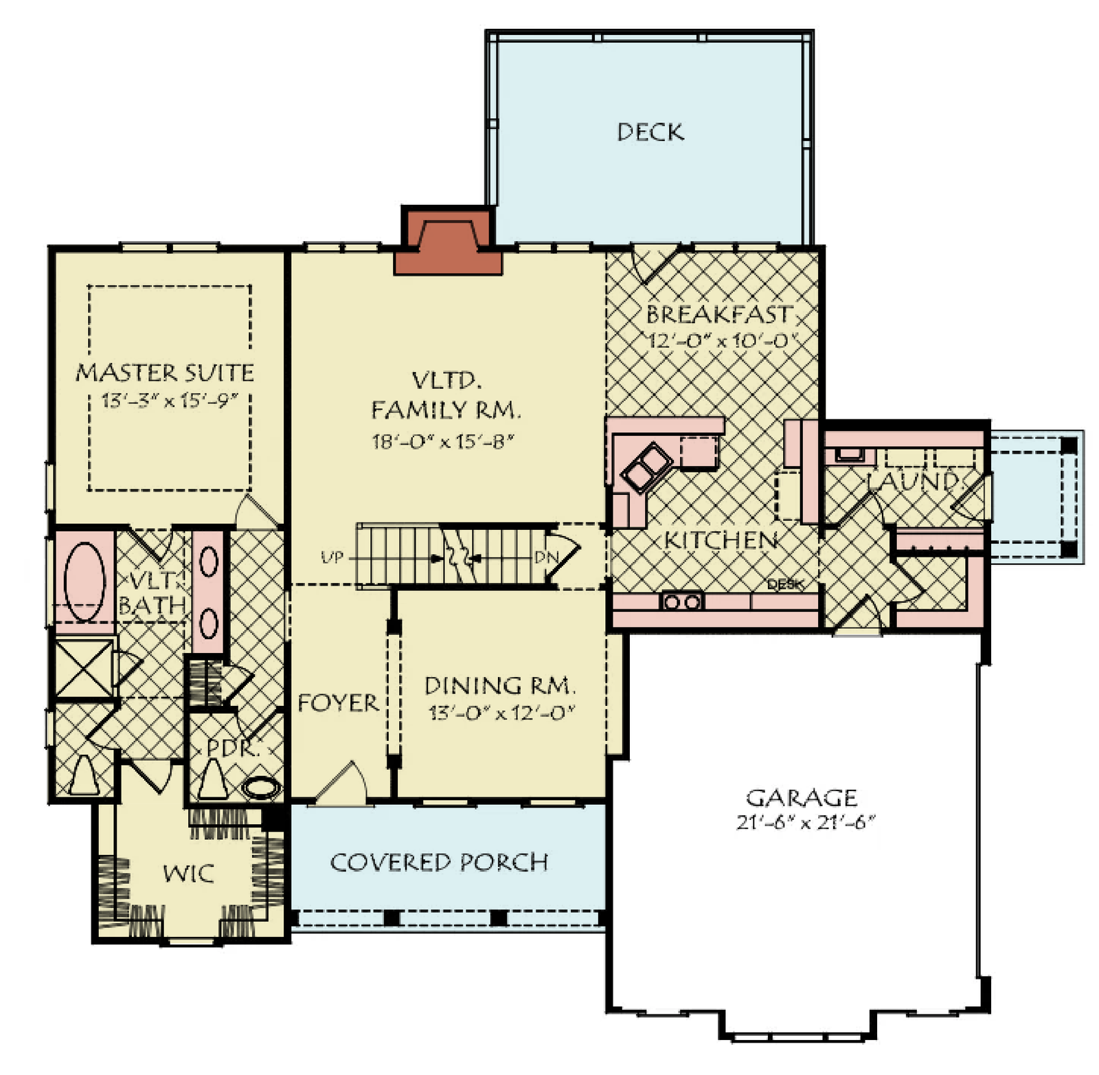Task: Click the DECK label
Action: tap(650, 132)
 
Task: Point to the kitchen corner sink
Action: tap(646, 467)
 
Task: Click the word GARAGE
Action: tap(801, 797)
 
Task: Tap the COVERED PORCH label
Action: tap(439, 862)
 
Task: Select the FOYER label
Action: tap(338, 702)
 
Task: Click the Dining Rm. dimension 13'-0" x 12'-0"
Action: tap(501, 713)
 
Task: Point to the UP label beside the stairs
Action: tap(332, 557)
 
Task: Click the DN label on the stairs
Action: tap(546, 557)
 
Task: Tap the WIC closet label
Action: tap(188, 874)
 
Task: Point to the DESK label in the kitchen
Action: tap(784, 584)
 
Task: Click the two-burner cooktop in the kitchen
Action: tap(681, 602)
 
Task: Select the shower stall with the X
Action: tap(83, 668)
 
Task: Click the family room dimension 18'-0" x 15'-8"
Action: tap(443, 441)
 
